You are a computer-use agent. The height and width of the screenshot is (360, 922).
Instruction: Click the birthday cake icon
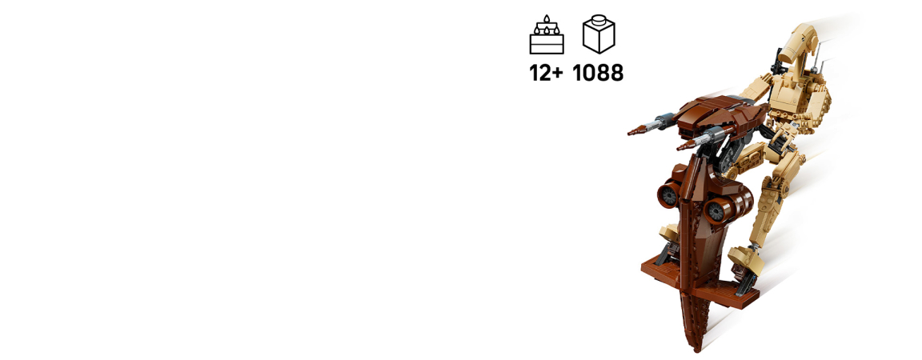pyautogui.click(x=547, y=35)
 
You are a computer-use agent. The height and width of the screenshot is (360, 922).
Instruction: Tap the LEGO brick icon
pyautogui.click(x=599, y=35)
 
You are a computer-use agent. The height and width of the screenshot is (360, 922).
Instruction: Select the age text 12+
pyautogui.click(x=547, y=73)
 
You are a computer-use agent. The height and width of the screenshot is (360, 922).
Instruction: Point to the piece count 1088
pyautogui.click(x=598, y=73)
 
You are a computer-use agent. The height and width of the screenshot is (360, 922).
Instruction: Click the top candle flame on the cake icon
pyautogui.click(x=547, y=19)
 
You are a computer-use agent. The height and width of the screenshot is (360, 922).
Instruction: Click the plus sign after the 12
pyautogui.click(x=557, y=74)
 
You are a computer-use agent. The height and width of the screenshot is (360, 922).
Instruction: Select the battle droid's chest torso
pyautogui.click(x=795, y=94)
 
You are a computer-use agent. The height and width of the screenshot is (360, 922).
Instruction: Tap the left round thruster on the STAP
pyautogui.click(x=668, y=194)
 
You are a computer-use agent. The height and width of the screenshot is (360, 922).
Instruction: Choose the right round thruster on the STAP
pyautogui.click(x=717, y=210)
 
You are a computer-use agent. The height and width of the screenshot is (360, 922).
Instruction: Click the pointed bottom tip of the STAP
pyautogui.click(x=698, y=350)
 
